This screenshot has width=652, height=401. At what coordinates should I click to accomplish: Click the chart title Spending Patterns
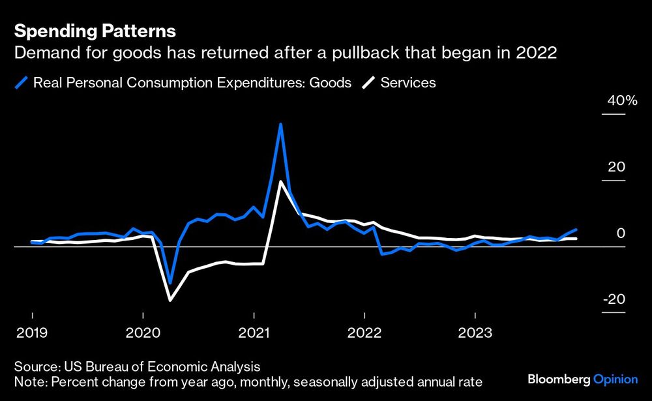(95, 31)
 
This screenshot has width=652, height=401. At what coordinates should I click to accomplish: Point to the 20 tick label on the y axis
(616, 167)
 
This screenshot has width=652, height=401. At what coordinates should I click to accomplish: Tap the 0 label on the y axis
(620, 233)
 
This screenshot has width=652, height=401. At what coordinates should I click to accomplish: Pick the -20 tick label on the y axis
(614, 299)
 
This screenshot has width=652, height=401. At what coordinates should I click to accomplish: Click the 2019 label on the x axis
(32, 333)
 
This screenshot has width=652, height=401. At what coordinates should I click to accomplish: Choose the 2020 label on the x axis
(143, 333)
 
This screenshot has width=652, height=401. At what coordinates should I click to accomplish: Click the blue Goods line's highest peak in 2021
(280, 124)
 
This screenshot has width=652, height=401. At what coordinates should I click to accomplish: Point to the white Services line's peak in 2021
(280, 181)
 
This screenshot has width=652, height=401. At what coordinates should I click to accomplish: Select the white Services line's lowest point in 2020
(170, 300)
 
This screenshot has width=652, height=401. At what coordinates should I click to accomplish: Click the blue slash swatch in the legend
(22, 83)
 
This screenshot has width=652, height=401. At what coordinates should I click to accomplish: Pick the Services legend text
(408, 83)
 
